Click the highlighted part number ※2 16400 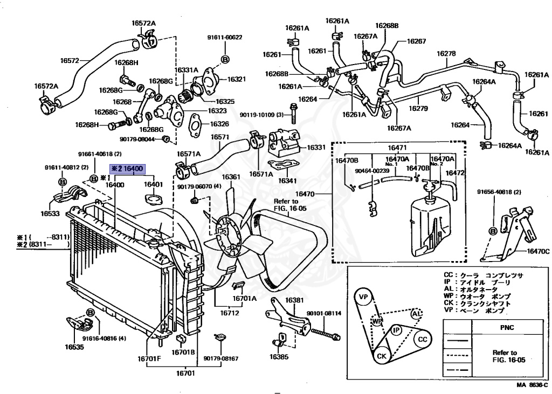coord(127,169)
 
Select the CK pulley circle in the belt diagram coord(381,356)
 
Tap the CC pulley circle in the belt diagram coord(423,339)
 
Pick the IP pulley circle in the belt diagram coord(396,329)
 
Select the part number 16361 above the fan coord(231,177)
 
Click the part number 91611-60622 coord(225,37)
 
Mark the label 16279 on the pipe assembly coord(417,108)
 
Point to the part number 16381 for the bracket coord(295,300)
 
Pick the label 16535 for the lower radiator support coord(74,347)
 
